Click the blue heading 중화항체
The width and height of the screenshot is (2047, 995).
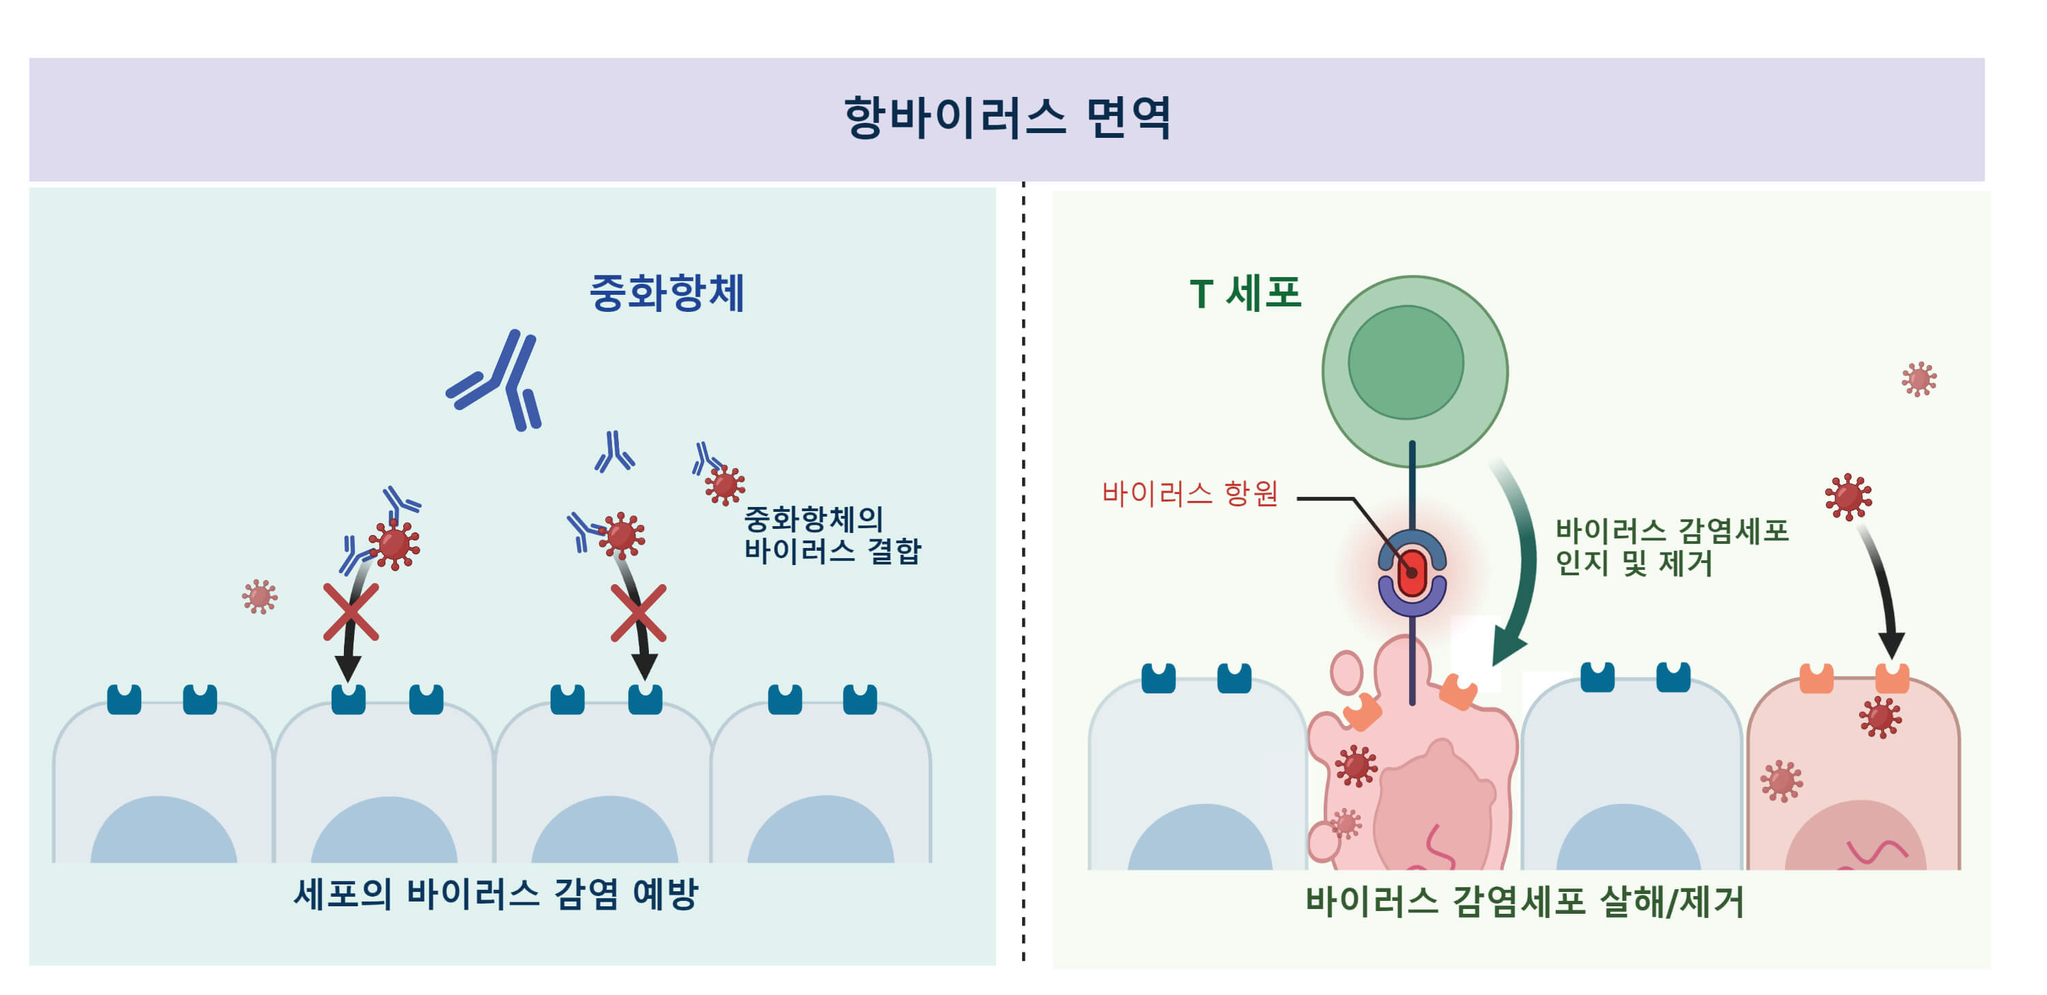click(x=666, y=293)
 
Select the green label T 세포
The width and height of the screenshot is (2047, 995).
click(x=1245, y=293)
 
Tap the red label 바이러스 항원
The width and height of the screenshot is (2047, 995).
click(x=1189, y=493)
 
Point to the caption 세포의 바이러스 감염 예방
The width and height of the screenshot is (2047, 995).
click(x=496, y=894)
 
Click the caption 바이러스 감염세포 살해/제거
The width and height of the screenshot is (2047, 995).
click(x=1524, y=902)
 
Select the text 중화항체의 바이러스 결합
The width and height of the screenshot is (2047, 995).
click(x=831, y=535)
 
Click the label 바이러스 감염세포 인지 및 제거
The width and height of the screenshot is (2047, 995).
click(x=1671, y=547)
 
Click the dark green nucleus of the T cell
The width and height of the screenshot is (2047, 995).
click(x=1406, y=362)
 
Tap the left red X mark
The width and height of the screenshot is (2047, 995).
click(x=351, y=612)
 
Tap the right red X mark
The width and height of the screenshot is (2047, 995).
click(x=638, y=613)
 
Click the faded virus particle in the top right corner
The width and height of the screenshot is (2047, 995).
click(x=1918, y=379)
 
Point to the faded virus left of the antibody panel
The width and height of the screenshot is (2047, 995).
click(x=259, y=596)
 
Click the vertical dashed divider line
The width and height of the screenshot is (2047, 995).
click(x=1023, y=572)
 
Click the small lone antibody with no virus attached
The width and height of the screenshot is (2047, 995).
click(x=614, y=453)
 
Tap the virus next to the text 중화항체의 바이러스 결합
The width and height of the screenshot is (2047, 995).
click(x=724, y=485)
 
